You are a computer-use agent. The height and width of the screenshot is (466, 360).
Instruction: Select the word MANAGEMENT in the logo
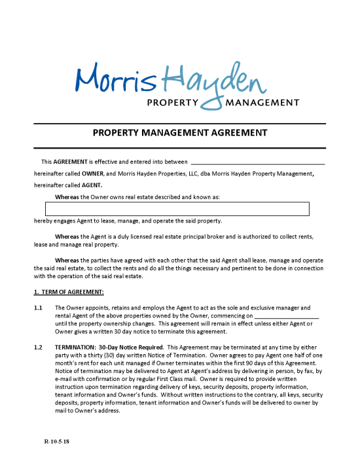[x=261, y=103]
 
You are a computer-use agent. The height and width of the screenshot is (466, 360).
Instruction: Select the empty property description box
[x=177, y=209]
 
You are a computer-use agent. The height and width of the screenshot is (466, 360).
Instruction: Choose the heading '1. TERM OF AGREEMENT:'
[x=69, y=291]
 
